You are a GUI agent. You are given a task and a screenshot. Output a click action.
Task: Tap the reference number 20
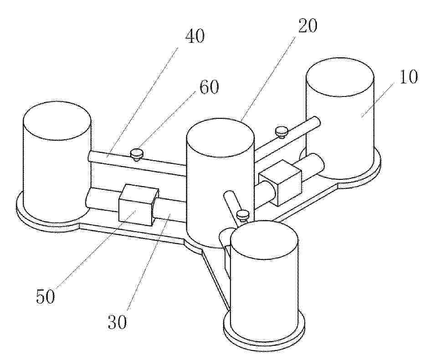[307, 26]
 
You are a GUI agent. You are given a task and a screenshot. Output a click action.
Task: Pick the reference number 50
[46, 296]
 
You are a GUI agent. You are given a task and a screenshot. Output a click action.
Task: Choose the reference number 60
[209, 87]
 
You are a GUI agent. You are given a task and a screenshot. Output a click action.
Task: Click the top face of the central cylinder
[220, 137]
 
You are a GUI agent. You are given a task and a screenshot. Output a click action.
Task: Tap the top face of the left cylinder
[57, 121]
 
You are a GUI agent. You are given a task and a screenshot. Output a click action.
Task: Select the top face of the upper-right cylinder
[340, 77]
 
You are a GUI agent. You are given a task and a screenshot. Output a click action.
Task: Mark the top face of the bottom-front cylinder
[264, 240]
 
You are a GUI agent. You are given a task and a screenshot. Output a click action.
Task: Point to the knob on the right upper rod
[282, 132]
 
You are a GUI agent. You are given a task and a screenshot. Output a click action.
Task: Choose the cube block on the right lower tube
[280, 183]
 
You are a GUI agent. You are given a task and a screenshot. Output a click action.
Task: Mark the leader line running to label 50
[96, 248]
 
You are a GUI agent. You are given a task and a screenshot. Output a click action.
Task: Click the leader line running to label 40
[143, 102]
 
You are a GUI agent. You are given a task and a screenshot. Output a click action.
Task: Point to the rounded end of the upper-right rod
[317, 122]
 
